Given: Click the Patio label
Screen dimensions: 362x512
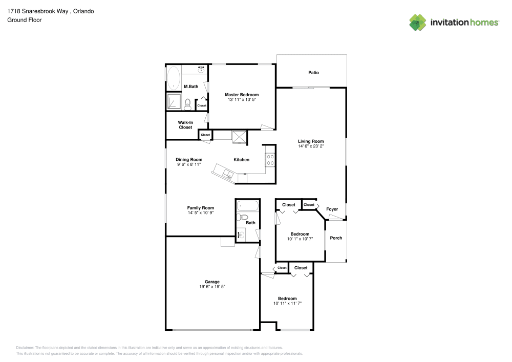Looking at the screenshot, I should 313,73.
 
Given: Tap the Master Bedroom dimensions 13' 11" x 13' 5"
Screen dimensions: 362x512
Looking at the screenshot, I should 242,100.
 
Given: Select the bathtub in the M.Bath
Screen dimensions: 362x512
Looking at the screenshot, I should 174,78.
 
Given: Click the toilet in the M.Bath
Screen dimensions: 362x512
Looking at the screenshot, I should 188,104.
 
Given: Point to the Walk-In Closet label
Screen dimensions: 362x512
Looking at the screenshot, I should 185,125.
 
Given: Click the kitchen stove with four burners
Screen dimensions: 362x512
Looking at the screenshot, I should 270,160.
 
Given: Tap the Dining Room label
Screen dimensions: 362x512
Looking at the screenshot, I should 189,159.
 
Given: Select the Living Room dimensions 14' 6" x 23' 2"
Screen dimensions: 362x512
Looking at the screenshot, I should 311,146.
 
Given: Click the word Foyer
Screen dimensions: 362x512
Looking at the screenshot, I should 332,209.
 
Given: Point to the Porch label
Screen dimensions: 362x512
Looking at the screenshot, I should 336,238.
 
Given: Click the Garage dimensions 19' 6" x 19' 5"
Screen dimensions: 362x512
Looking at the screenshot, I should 212,287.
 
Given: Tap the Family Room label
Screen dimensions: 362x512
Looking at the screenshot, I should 200,208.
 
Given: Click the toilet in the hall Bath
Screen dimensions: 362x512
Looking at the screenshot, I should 243,217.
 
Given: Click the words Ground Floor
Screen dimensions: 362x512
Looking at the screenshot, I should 25,20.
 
